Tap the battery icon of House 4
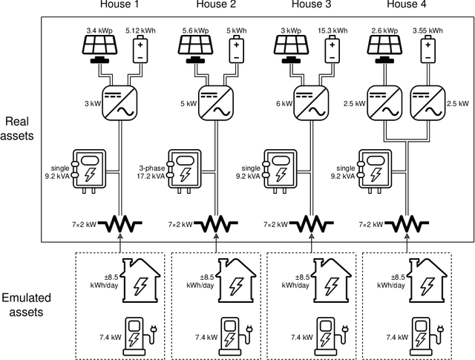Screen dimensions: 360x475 click(429, 51)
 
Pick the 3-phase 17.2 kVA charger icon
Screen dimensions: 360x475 click(183, 170)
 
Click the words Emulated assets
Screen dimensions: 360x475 click(22, 304)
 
